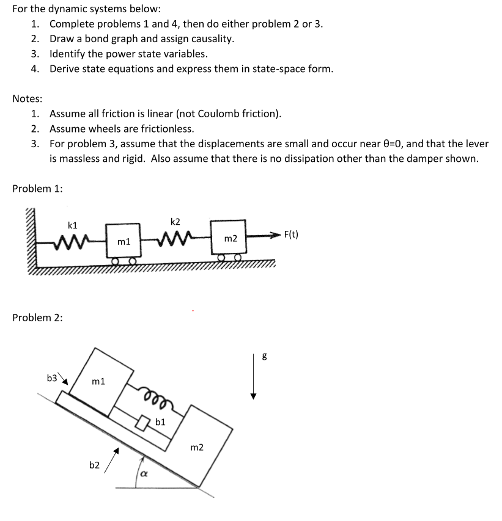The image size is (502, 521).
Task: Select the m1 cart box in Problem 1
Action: pos(124,242)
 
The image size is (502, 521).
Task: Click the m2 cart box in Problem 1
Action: pos(230,238)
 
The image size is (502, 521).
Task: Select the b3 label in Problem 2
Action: pos(53,377)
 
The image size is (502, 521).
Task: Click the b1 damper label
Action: pos(160,421)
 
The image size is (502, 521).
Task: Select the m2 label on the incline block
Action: pos(197,448)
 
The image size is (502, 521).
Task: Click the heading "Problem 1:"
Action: pos(37,188)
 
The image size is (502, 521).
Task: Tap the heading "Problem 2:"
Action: pos(37,318)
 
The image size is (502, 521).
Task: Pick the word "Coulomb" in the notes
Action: pos(208,114)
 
